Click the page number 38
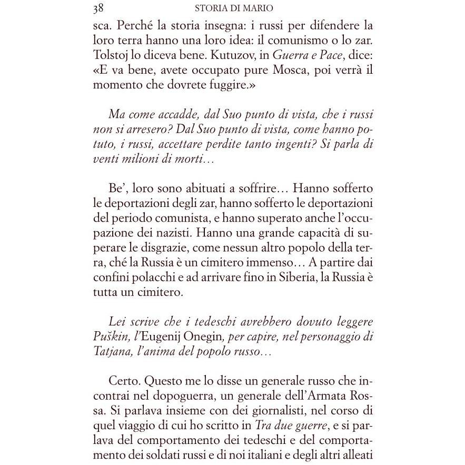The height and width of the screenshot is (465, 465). click(x=97, y=8)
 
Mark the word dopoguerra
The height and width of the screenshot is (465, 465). click(x=183, y=396)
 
